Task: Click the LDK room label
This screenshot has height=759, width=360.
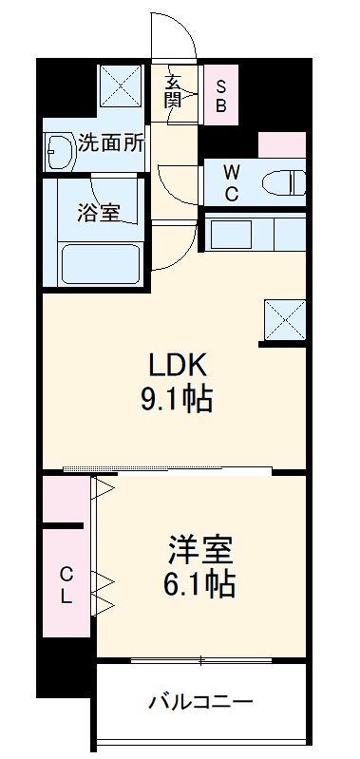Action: [x=176, y=364]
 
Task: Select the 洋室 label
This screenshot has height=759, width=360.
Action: [x=201, y=550]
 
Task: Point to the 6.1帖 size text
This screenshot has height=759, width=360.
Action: [x=201, y=583]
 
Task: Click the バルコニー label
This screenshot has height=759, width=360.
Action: [x=200, y=704]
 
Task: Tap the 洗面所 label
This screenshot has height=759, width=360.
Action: [x=112, y=143]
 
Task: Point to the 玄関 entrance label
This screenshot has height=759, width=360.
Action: [x=175, y=93]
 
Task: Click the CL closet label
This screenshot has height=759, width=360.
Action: [x=66, y=585]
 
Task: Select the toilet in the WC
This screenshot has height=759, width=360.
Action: [x=285, y=180]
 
